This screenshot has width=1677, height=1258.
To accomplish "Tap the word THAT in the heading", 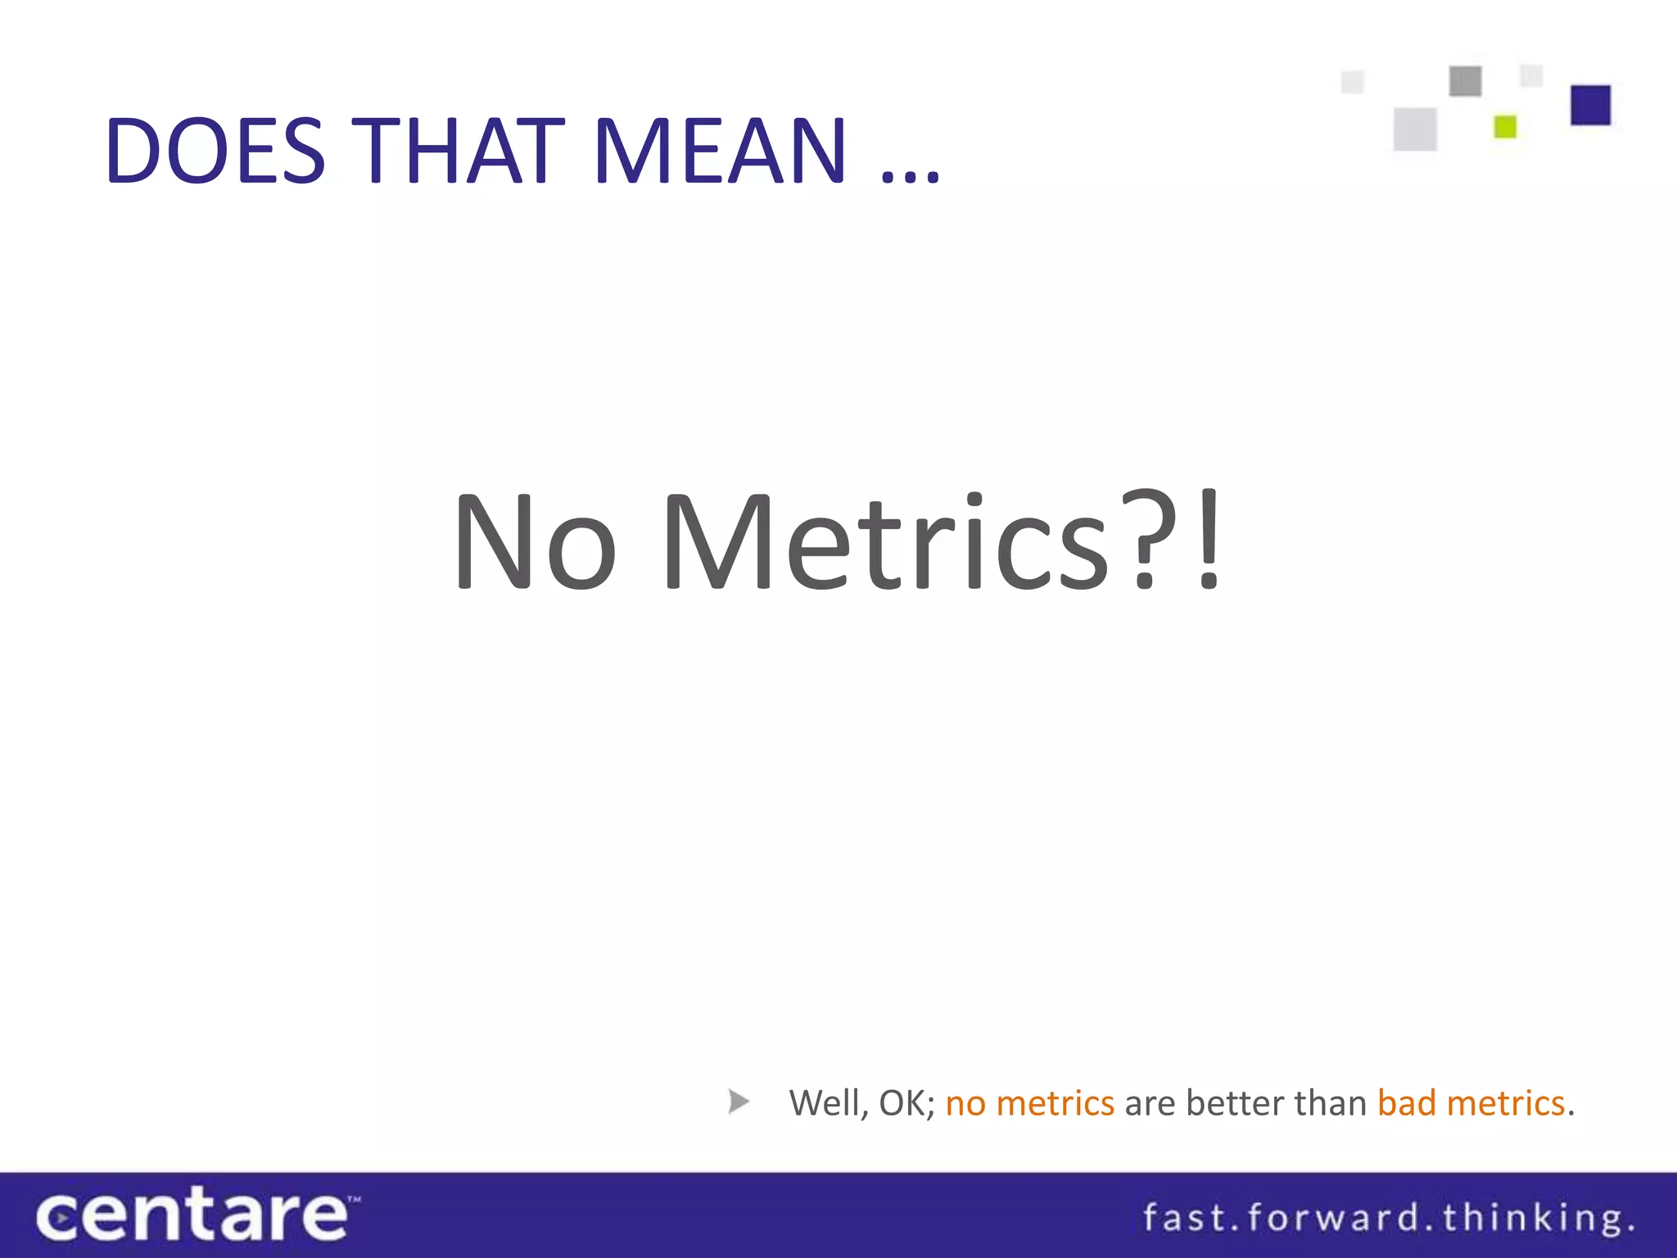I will (462, 151).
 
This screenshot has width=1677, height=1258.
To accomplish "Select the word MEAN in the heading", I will (720, 151).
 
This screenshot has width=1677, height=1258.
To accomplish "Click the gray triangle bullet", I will (738, 1102).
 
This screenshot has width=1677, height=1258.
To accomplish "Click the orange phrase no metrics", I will (1029, 1103).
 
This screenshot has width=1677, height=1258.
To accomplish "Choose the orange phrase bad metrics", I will (1471, 1103).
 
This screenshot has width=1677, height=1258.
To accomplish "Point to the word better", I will (1236, 1103).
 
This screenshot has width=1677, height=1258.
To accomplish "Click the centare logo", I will (195, 1215).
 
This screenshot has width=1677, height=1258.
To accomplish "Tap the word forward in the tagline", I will (1333, 1217).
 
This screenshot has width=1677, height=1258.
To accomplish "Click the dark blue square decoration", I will (1590, 105).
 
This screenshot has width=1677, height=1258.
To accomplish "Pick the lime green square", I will (1505, 127).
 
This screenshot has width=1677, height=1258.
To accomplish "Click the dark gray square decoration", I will (1465, 81).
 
